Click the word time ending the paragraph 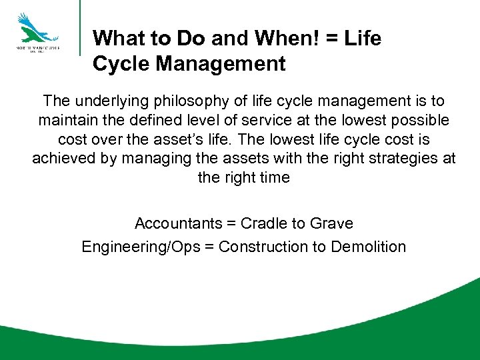click(x=275, y=178)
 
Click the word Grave click(x=333, y=223)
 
